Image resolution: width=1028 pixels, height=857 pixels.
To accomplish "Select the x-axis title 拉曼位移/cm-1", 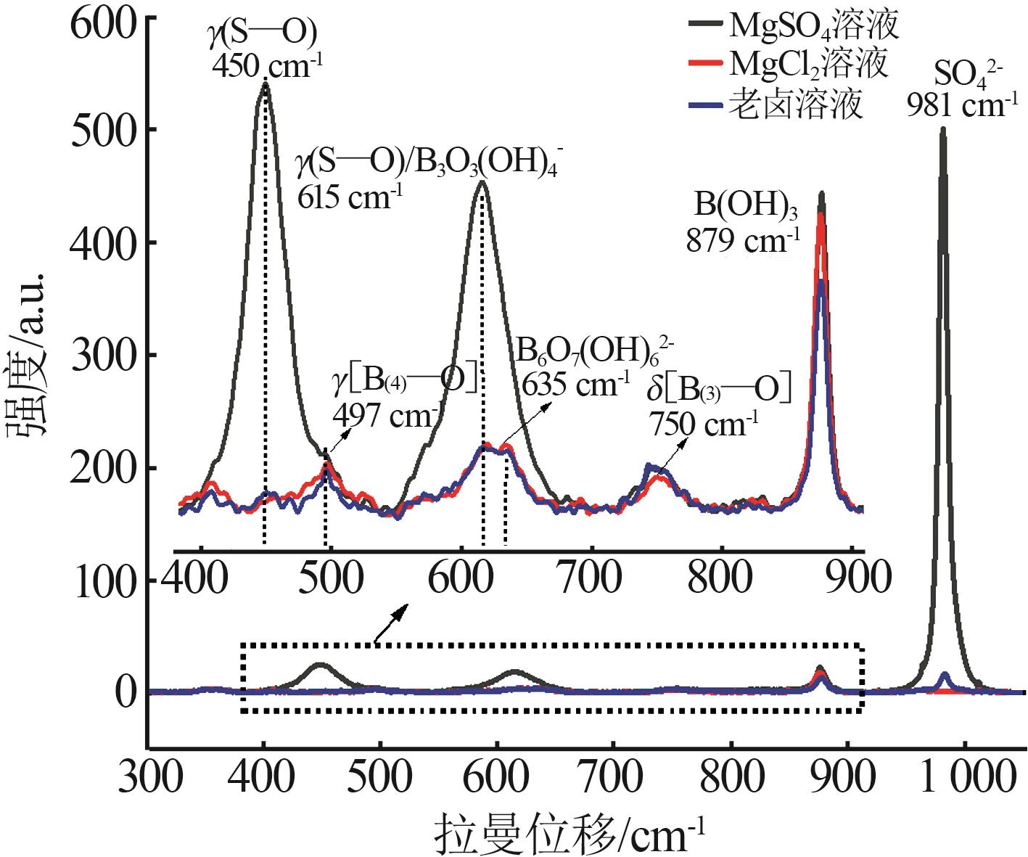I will [x=569, y=833].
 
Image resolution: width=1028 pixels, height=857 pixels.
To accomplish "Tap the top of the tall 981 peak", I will [x=943, y=130].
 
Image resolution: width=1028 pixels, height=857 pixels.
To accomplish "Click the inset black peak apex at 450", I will [x=265, y=84].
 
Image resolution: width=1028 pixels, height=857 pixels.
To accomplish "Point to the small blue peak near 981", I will [x=945, y=676].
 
